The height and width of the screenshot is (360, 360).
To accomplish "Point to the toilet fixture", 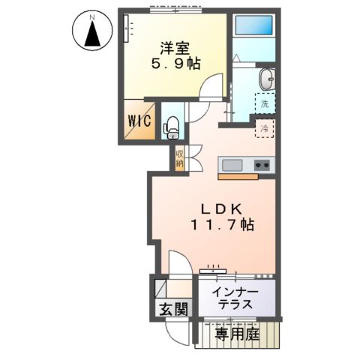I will click(x=171, y=128).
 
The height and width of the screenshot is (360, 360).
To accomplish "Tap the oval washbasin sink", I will click(x=267, y=78).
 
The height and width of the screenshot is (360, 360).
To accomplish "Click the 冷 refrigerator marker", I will click(x=264, y=129).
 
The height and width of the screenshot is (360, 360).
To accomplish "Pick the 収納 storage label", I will click(x=180, y=158).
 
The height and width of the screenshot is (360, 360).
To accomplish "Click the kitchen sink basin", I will click(x=231, y=165).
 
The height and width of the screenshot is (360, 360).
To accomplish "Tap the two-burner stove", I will click(x=262, y=165).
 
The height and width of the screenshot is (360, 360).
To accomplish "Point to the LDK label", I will click(x=220, y=206).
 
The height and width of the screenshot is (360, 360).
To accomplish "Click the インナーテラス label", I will click(x=236, y=298).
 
